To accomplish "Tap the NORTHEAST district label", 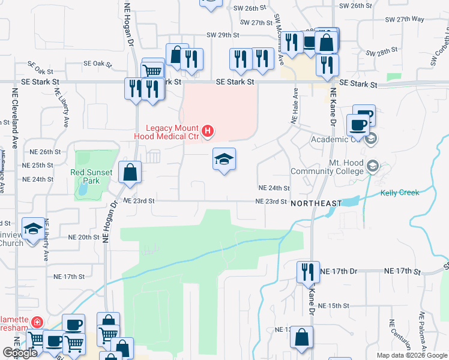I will click(316, 204).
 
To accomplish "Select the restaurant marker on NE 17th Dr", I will click(307, 272).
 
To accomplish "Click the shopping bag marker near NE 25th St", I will click(130, 172).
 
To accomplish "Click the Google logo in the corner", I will click(19, 353).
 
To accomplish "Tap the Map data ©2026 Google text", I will click(411, 355).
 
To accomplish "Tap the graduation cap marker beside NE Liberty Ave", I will click(33, 229).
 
